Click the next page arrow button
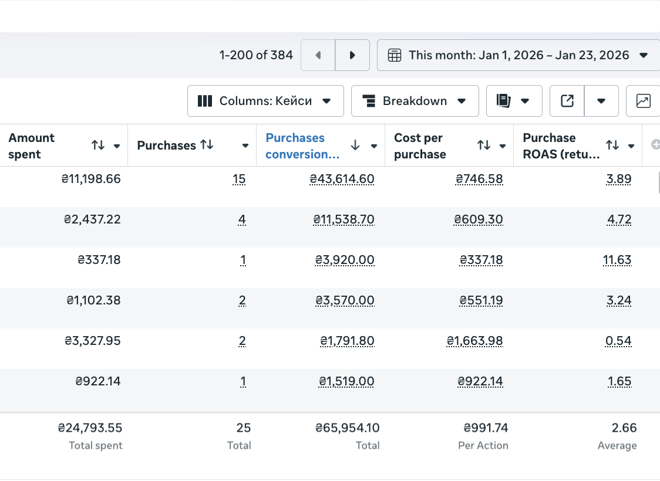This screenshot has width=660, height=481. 352,55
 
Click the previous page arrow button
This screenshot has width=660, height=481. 318,55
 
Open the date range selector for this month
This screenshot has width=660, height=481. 518,55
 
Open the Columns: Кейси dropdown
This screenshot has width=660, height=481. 265,101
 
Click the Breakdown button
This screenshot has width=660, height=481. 415,101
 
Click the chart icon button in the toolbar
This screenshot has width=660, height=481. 643,101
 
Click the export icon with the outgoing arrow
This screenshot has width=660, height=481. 567,101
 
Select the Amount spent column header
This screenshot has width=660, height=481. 31,146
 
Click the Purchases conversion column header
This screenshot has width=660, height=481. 302,146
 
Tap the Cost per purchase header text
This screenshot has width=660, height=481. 420,146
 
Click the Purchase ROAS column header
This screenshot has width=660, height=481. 561,146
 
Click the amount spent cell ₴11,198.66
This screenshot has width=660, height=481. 91,179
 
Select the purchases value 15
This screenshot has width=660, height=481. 239,179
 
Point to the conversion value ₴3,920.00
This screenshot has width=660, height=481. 345,260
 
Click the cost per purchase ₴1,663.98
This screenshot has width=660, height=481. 475,341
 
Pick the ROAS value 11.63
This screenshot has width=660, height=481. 617,260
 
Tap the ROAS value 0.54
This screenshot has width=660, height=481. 618,341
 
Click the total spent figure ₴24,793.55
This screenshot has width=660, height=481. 90,428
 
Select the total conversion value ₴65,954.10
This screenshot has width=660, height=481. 348,428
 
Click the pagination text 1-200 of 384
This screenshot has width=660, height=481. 256,55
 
